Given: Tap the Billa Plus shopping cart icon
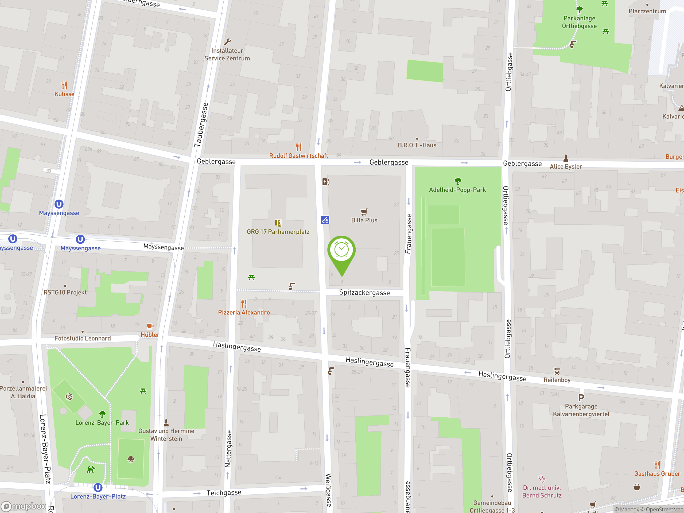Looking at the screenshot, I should (x=364, y=212).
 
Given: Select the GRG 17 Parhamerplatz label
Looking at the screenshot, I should (x=278, y=232).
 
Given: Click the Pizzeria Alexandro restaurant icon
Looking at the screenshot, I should (x=244, y=303).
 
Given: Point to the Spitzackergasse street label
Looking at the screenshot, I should (x=364, y=293).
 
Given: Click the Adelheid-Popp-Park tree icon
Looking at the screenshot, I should (x=458, y=181).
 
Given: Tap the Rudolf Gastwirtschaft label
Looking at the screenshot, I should (x=298, y=156).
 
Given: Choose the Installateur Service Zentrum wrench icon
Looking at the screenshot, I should (x=227, y=42).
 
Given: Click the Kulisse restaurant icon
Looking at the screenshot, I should (x=64, y=85).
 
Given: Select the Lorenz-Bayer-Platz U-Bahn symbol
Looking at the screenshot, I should (x=98, y=488).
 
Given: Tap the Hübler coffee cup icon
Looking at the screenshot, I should (x=150, y=326).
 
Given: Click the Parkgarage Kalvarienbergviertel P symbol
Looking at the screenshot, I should (x=581, y=398).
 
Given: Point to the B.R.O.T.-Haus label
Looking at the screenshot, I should (x=417, y=145).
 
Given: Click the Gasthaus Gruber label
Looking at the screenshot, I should (x=657, y=474).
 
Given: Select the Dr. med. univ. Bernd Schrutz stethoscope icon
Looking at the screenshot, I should (x=542, y=479).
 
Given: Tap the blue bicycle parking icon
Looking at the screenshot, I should (x=325, y=220).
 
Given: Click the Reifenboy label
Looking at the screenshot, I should (x=557, y=380).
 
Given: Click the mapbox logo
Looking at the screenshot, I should (x=23, y=506).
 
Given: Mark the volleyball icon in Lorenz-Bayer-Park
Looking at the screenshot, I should (x=69, y=397).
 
